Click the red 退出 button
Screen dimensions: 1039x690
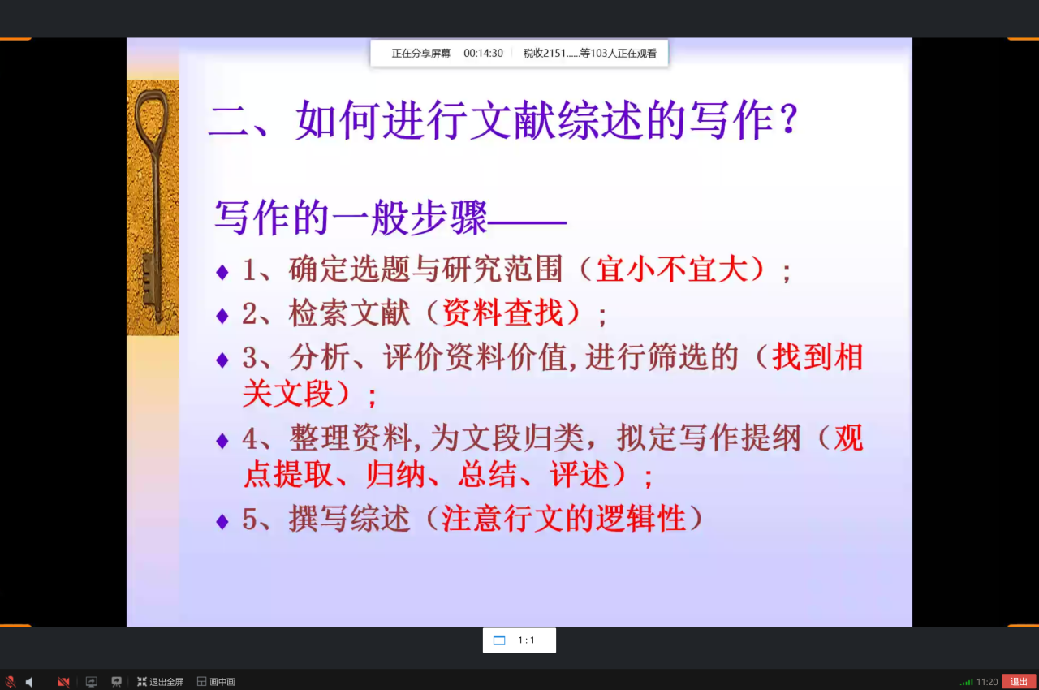click(x=1019, y=681)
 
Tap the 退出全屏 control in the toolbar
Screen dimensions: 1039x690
click(x=160, y=681)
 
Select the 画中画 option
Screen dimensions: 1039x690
click(x=216, y=681)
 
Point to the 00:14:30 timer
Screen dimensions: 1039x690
click(x=483, y=54)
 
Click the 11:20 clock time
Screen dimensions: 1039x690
click(x=986, y=682)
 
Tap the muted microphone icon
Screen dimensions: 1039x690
click(x=11, y=682)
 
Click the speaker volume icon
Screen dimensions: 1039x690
click(x=29, y=682)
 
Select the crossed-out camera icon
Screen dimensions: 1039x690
click(x=63, y=682)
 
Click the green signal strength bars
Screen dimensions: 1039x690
click(x=966, y=682)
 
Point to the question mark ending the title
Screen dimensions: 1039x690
click(x=788, y=119)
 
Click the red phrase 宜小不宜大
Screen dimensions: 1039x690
click(x=672, y=269)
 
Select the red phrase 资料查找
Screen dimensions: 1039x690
click(x=503, y=313)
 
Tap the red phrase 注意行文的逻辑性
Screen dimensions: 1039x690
click(x=563, y=518)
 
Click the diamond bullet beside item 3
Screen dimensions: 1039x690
click(x=222, y=360)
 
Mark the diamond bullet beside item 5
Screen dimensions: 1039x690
click(x=222, y=521)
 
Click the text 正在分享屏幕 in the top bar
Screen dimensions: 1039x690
click(x=420, y=54)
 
